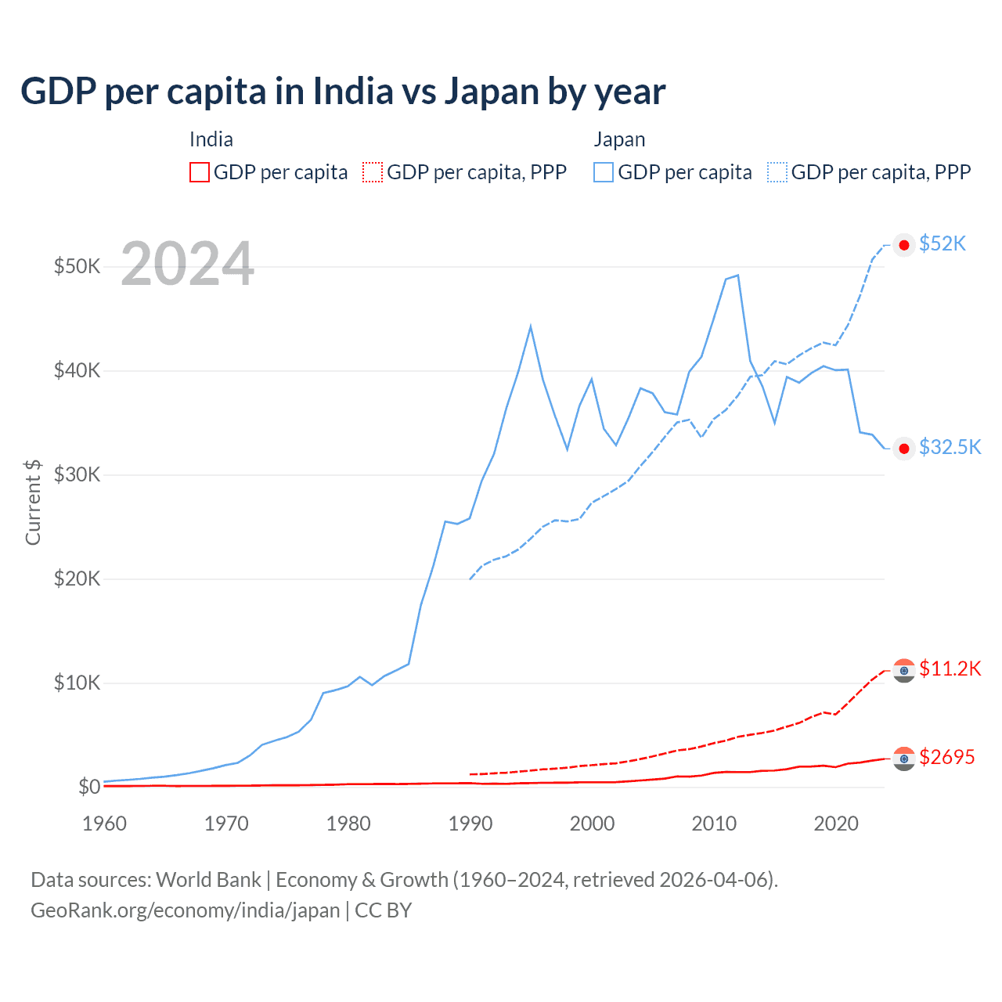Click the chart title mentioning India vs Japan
343,92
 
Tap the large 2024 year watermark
187,265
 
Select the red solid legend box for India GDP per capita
200,172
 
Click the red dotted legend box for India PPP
373,172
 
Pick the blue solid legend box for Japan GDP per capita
604,172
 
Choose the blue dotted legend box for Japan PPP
777,172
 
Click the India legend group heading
211,139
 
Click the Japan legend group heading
619,139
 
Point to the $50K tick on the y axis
77,266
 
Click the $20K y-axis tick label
77,578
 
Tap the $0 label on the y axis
89,787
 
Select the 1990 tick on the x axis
470,824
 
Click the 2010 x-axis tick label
714,824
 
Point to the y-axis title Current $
33,502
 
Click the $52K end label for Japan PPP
943,244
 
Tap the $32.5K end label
950,447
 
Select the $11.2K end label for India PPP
950,669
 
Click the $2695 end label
946,757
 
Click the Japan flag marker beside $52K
904,245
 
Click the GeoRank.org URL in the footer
185,910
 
